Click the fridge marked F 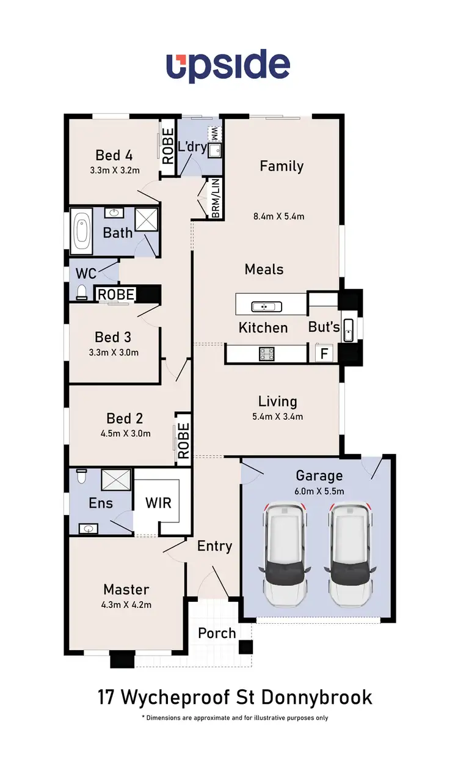(324, 353)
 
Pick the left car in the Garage (285, 554)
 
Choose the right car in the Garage (351, 554)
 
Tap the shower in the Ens (116, 478)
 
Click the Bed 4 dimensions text (114, 170)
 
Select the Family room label (282, 166)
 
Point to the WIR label (158, 504)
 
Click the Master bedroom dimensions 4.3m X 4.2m (126, 605)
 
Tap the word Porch (217, 633)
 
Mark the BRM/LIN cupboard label (216, 198)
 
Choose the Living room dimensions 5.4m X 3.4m (278, 417)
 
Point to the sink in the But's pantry (348, 330)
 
